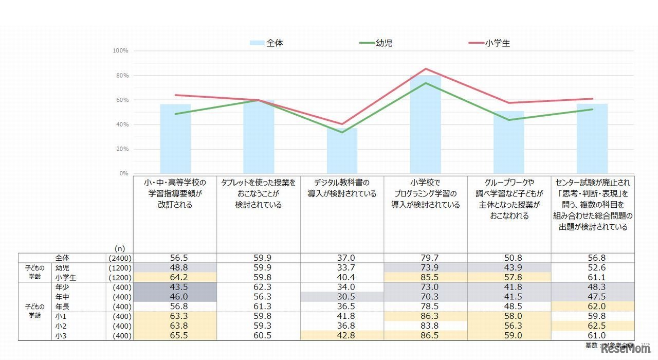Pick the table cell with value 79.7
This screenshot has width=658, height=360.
click(x=425, y=258)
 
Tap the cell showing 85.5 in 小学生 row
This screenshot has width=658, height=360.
click(x=425, y=277)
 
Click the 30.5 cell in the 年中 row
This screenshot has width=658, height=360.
click(x=342, y=297)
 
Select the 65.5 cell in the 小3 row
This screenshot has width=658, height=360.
click(x=175, y=336)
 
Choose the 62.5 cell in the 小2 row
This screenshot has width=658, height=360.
click(x=592, y=326)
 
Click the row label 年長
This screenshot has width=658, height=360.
click(x=62, y=307)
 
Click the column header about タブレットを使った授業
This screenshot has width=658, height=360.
click(x=258, y=193)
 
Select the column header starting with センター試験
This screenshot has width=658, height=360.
click(x=592, y=205)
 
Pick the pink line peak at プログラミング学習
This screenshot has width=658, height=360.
click(x=426, y=68)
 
